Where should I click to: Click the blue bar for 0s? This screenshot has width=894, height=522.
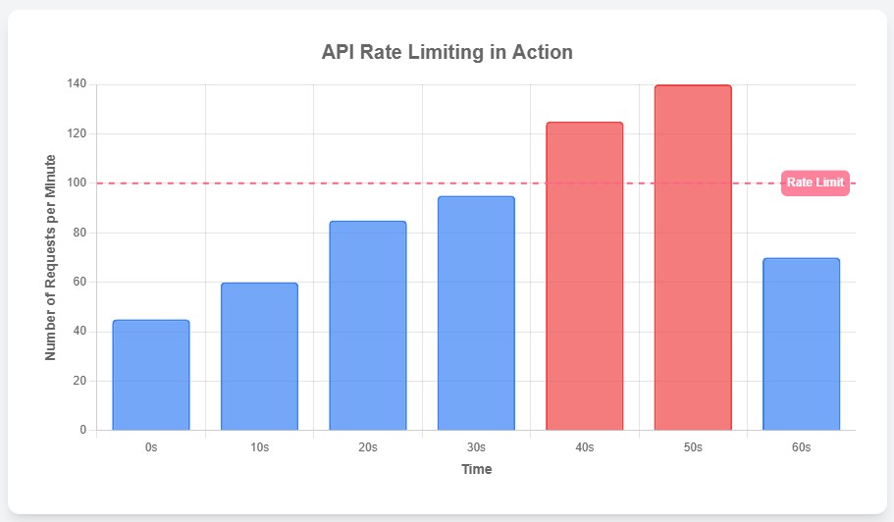point(151,375)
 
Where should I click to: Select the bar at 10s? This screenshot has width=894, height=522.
point(259,356)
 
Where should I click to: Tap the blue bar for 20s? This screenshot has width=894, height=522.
point(368,326)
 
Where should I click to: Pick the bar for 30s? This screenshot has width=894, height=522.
point(476,313)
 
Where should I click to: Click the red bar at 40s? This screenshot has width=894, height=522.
point(585,276)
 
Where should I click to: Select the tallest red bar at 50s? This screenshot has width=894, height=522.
point(693,257)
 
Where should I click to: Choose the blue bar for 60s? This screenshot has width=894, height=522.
point(801,343)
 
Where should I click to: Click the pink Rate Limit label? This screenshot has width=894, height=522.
point(815,183)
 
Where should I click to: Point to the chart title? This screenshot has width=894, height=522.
point(447,52)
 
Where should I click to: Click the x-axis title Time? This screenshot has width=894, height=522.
point(477,469)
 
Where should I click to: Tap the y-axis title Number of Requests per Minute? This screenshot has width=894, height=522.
point(51,257)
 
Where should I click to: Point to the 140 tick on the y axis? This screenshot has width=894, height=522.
point(77,84)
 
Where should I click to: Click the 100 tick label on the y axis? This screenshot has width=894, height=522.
point(77,183)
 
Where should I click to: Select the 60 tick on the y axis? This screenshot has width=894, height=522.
point(79,282)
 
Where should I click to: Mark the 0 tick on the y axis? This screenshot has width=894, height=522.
point(83,430)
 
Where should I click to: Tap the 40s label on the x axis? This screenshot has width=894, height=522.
point(585,446)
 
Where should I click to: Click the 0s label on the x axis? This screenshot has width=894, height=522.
point(151,446)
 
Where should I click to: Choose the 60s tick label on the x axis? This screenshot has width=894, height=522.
point(801,446)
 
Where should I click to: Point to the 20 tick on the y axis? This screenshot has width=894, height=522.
point(79,381)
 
